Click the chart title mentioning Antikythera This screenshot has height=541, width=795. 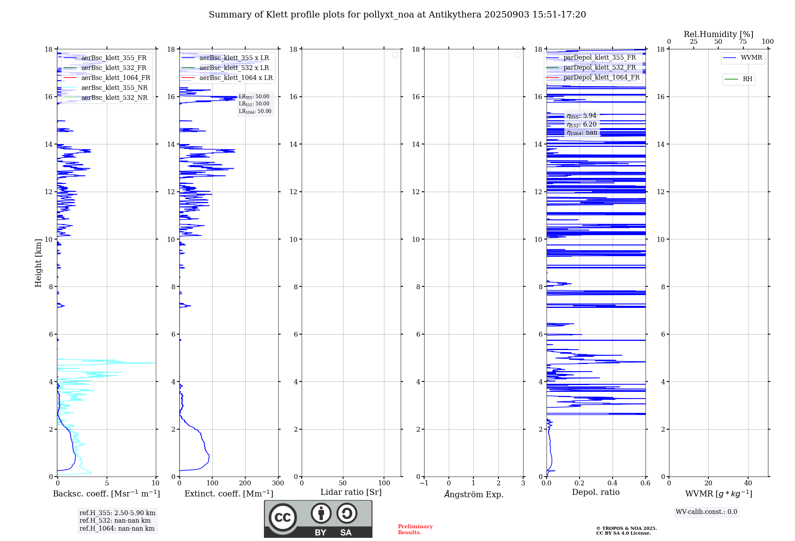click(397, 15)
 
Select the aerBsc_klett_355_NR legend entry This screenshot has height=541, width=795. click(114, 88)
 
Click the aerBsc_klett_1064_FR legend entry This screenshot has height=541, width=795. click(115, 78)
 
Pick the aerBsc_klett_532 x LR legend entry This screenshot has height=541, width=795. click(234, 68)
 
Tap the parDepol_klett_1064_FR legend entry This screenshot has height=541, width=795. click(601, 77)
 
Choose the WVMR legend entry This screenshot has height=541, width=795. click(751, 58)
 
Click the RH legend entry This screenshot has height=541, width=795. click(747, 79)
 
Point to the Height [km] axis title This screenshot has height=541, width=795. click(38, 263)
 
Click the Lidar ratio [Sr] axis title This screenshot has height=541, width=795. click(351, 492)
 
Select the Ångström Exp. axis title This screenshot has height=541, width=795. click(473, 494)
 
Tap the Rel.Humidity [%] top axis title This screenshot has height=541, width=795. click(718, 34)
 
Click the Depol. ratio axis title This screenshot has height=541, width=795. click(595, 492)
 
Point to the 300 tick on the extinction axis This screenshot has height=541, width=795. click(278, 483)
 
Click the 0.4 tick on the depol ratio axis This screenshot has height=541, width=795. click(612, 483)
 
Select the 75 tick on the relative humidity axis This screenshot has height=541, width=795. click(743, 42)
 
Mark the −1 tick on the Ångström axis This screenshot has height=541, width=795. click(424, 483)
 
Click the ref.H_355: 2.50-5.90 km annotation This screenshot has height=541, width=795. click(117, 513)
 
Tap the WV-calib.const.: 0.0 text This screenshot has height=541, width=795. click(706, 512)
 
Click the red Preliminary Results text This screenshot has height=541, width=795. click(415, 529)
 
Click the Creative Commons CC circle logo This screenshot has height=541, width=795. click(283, 518)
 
